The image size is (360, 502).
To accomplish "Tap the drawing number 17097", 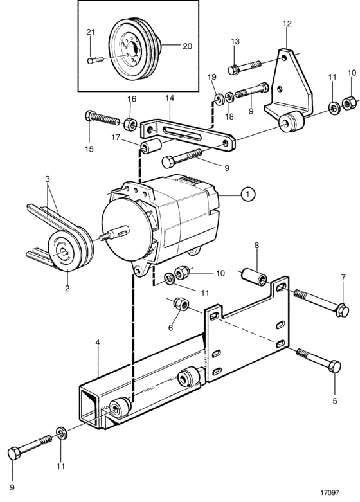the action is click(x=328, y=493).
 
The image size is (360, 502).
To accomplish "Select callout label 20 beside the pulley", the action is click(x=187, y=46).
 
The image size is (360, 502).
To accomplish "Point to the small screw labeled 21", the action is click(x=95, y=60).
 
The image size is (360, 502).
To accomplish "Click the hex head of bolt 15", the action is click(x=90, y=115).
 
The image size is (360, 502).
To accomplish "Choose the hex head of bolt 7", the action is click(x=343, y=310).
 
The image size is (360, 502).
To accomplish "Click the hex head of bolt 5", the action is click(x=335, y=366).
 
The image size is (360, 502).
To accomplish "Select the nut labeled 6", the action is click(x=181, y=303).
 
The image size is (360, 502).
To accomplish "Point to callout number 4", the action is click(x=98, y=343).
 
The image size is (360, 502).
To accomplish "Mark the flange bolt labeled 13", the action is click(x=245, y=67).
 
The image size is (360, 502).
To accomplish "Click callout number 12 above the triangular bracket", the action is click(x=287, y=23).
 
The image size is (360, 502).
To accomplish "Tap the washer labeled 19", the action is click(x=220, y=99).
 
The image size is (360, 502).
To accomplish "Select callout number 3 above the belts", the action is click(x=48, y=179).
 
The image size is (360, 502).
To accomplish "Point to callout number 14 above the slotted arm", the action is click(x=170, y=98).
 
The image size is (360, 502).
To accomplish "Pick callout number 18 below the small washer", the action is click(x=230, y=116).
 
